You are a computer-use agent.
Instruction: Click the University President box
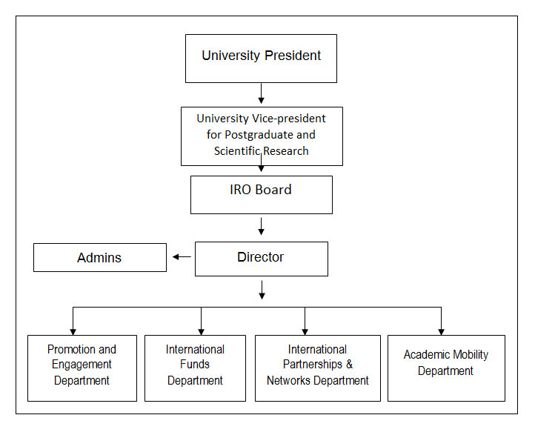[261, 58]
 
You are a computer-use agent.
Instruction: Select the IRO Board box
[261, 194]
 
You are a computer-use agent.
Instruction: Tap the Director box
[261, 259]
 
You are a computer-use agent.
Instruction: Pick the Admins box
[100, 258]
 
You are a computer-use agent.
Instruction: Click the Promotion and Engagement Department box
[82, 368]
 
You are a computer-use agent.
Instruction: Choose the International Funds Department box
[195, 368]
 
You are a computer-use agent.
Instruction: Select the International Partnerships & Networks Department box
[317, 368]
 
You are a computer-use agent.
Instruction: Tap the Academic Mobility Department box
[446, 368]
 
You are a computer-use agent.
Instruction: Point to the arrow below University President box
[261, 94]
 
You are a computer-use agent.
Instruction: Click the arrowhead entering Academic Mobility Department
[441, 331]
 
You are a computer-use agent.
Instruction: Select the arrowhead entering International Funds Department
[201, 331]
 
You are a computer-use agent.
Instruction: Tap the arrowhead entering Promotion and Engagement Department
[73, 331]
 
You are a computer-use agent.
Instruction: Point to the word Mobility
[467, 355]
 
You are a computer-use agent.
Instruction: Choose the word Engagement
[82, 365]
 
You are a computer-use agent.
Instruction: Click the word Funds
[195, 365]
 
